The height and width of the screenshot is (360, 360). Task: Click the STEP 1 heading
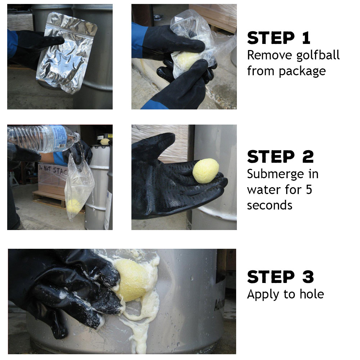pos(279,38)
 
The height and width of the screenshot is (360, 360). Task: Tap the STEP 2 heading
pos(280,157)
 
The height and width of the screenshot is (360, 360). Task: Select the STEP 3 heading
pos(280,276)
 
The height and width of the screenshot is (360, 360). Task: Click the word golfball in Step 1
pos(318,55)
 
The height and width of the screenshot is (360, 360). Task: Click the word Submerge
pos(275,174)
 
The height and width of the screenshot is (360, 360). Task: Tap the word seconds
pos(270,205)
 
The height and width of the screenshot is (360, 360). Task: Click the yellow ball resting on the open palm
pos(206,171)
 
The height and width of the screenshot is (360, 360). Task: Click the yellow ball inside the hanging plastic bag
pos(73,206)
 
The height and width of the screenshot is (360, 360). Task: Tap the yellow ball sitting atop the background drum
pos(105,141)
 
